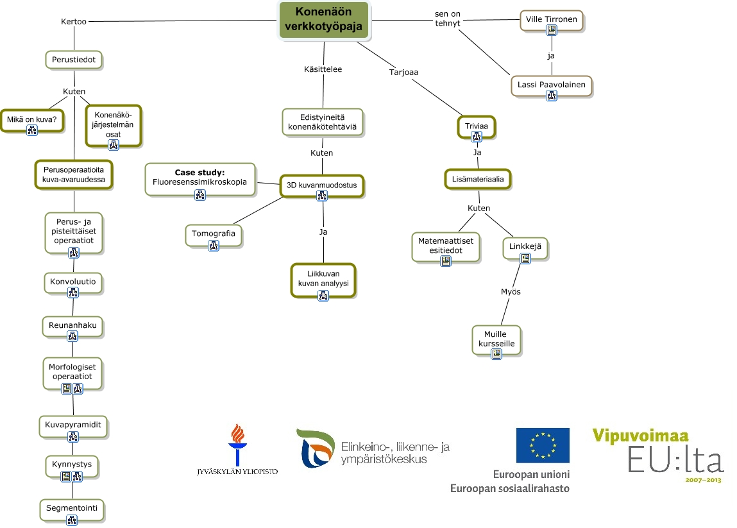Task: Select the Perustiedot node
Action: pos(74,60)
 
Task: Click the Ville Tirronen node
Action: pos(551,19)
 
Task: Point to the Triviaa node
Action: pos(477,127)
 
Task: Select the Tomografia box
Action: pos(214,234)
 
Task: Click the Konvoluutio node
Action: pos(73,282)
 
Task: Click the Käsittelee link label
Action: pos(323,69)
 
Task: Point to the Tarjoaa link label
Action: pos(403,72)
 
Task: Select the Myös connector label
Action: pos(511,291)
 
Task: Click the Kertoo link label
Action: pos(73,21)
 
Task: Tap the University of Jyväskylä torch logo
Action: pos(237,443)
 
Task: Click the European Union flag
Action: pos(543,445)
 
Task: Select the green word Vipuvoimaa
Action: pos(635,436)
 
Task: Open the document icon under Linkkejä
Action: pos(525,258)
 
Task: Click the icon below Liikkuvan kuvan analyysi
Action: pos(323,295)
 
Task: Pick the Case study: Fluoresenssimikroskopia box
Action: pos(200,177)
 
